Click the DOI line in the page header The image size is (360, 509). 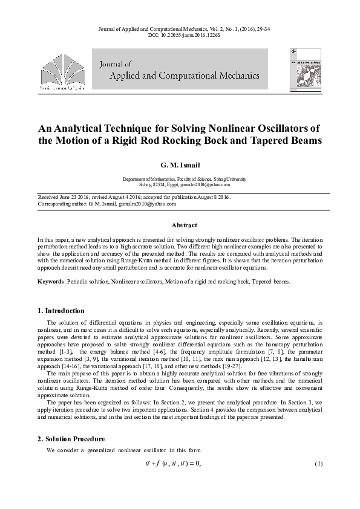point(180,36)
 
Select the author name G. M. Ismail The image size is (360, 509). point(180,164)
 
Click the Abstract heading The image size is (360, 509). point(185,225)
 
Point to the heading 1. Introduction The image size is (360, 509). point(61,311)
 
